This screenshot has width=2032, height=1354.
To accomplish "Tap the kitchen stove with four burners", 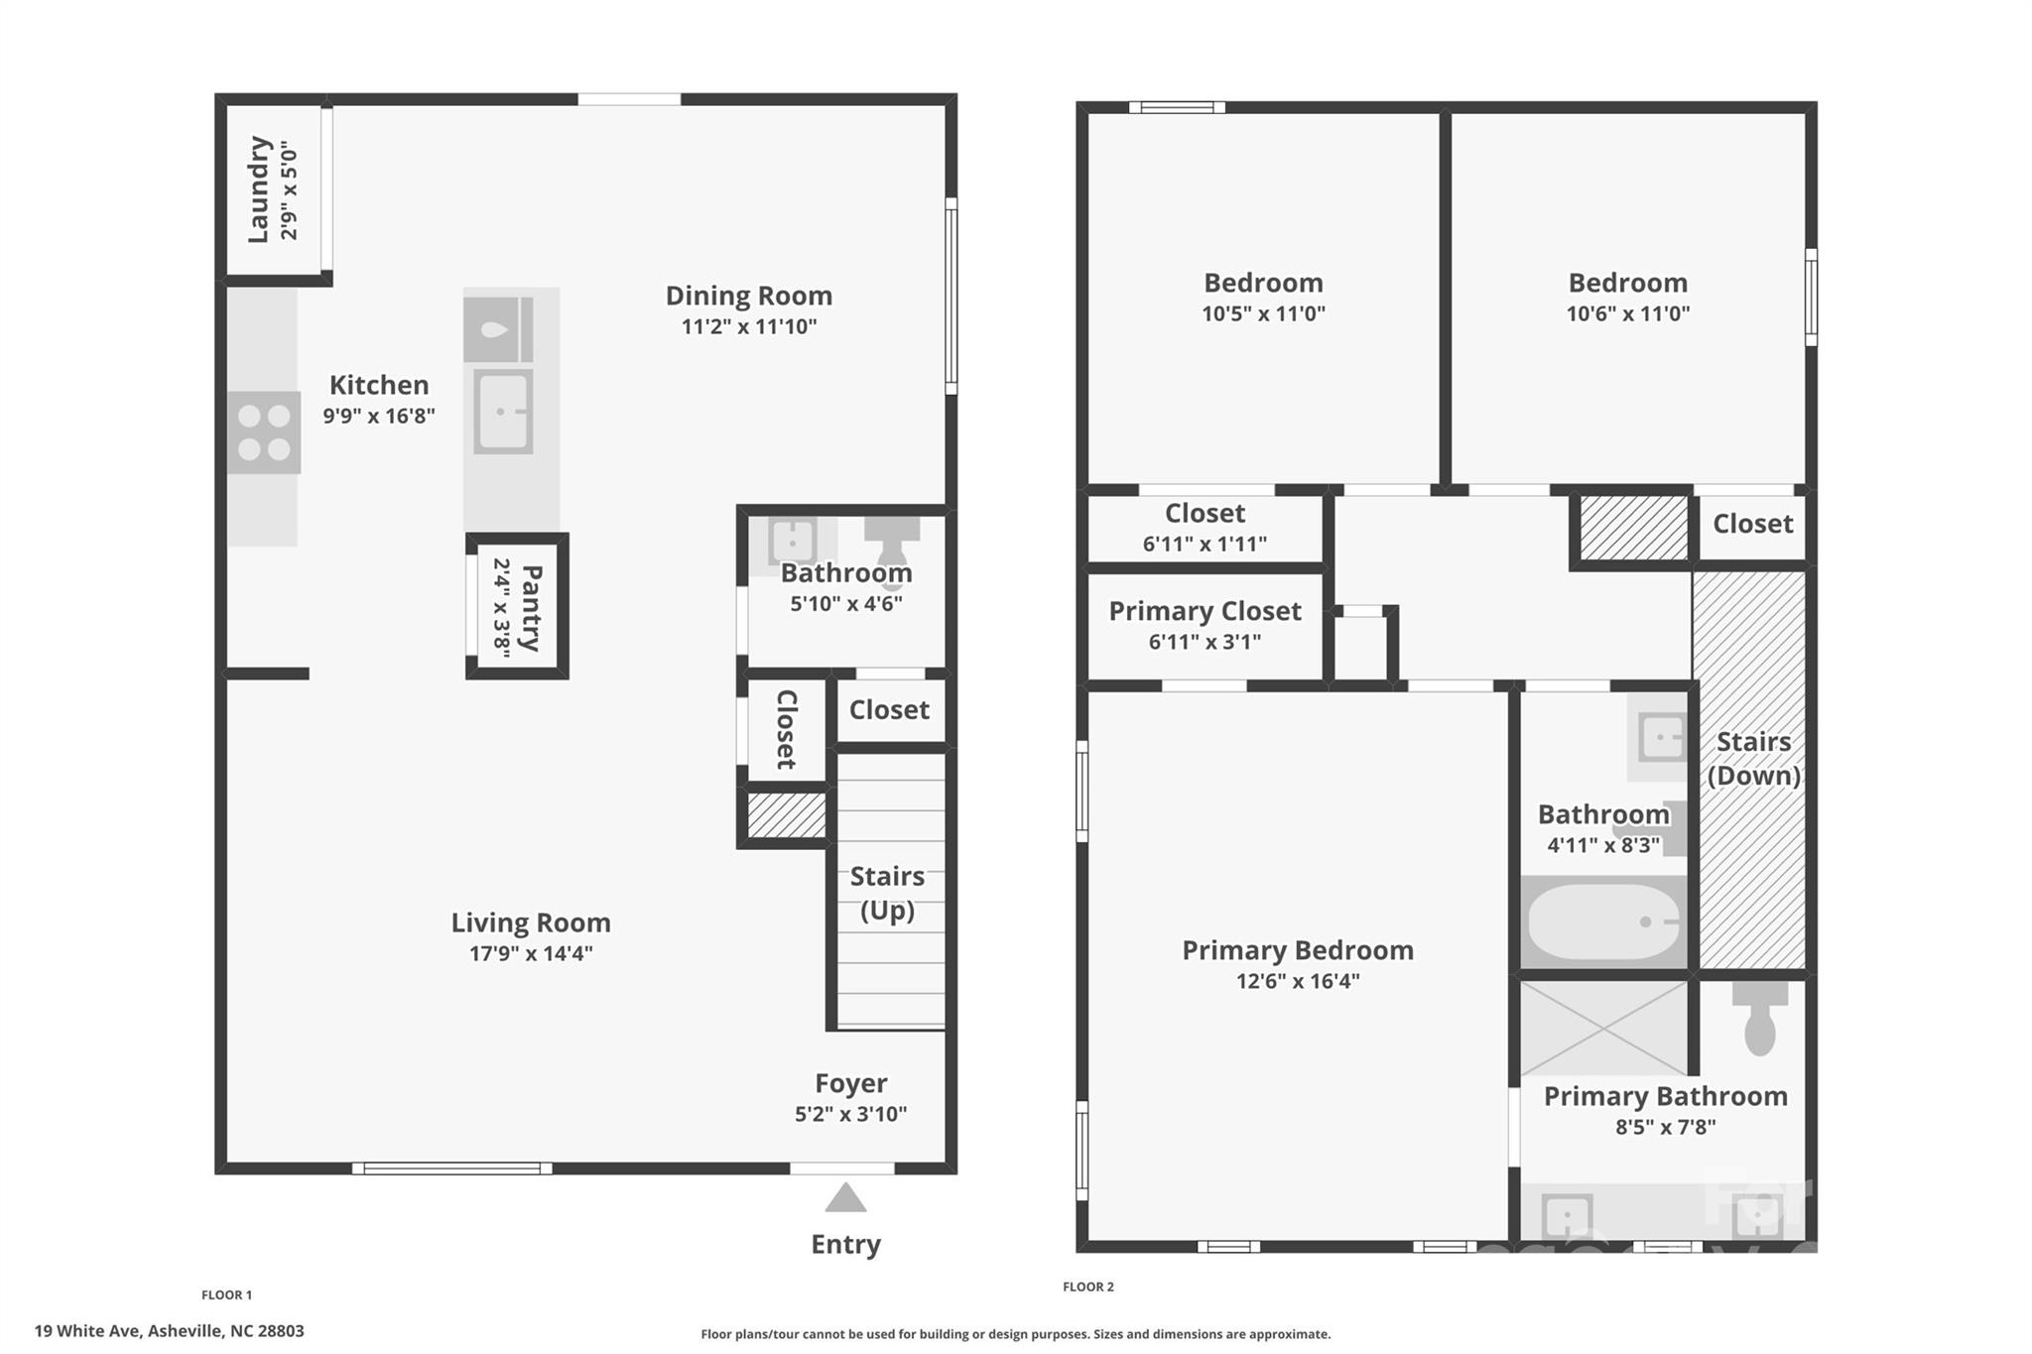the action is (264, 432).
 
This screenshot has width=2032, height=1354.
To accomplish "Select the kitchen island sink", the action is (503, 412).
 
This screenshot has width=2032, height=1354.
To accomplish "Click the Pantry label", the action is (531, 607).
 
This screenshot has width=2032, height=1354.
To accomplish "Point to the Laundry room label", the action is (258, 188).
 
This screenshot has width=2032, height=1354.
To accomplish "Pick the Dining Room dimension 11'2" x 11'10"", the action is (749, 326).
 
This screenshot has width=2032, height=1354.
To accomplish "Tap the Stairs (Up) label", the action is (887, 893).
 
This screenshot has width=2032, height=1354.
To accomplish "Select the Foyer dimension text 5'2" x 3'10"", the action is (850, 1114).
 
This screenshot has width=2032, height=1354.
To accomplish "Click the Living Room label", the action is (531, 923).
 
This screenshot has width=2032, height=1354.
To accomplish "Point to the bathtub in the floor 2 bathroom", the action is (1604, 922).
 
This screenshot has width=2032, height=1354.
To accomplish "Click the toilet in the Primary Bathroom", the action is (1759, 1018).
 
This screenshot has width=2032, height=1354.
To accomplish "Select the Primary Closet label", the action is (1205, 611).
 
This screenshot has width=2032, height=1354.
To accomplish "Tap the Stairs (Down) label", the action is (1753, 759).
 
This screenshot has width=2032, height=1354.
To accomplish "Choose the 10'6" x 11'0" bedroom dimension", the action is (1628, 313).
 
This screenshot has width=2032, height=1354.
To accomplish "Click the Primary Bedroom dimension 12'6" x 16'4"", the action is (1298, 981).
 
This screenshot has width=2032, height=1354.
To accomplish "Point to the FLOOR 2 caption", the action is (1088, 1287).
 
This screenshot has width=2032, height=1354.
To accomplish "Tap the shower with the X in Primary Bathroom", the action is (1604, 1029).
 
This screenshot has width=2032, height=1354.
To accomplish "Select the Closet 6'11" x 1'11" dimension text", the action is (1205, 544).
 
